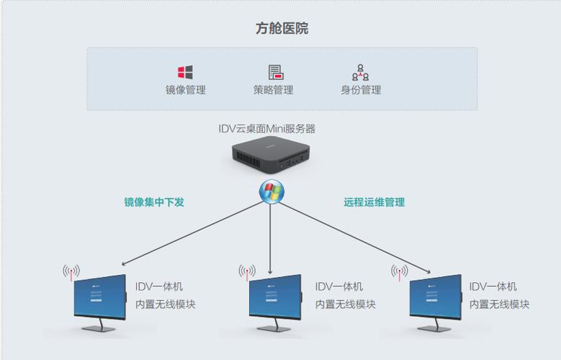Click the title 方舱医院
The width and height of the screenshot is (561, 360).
point(282,29)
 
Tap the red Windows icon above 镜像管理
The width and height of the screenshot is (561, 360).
point(185,72)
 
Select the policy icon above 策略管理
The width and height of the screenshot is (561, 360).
point(275,72)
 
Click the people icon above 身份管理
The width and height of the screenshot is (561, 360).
point(360,72)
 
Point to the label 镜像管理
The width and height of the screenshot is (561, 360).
point(185,91)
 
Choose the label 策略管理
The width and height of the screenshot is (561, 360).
point(273,91)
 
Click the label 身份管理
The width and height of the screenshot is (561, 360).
point(361,91)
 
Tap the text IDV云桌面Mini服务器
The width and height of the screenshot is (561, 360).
point(267,129)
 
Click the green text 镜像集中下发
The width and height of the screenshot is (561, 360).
point(154,202)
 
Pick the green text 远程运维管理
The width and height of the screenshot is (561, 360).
point(374,202)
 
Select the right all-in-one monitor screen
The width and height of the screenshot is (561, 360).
point(434,297)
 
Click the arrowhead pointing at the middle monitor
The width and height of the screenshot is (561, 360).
point(270,272)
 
